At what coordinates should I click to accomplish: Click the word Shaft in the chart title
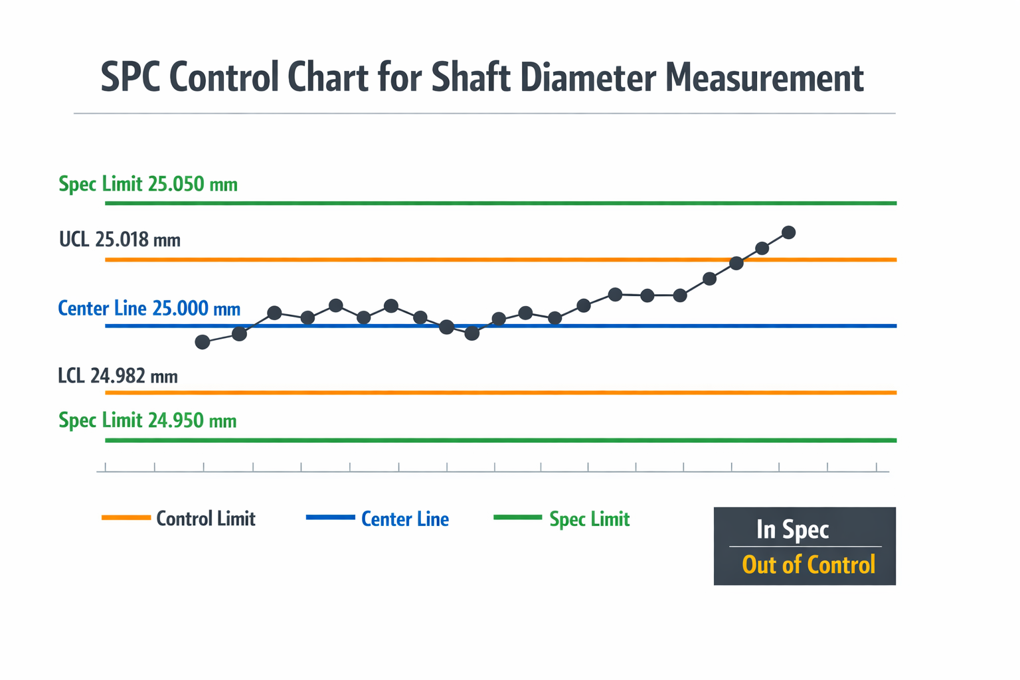pos(471,78)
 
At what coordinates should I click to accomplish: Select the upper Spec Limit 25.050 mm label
pos(148,185)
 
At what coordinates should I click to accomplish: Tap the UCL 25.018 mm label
pos(120,240)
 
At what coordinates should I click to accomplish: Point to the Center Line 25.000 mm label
pos(149,309)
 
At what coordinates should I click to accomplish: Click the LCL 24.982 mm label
pos(118,377)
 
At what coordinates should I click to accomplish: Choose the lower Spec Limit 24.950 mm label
pos(147,420)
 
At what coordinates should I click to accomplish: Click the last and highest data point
pos(788,232)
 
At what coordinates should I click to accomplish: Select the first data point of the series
pos(202,342)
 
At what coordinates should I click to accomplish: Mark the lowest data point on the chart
pos(202,342)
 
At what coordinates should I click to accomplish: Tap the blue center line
pos(501,326)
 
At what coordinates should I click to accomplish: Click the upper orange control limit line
pos(501,260)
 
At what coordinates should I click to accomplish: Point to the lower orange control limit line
pos(501,392)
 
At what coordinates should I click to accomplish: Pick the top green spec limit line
pos(501,203)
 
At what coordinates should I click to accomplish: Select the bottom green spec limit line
pos(501,440)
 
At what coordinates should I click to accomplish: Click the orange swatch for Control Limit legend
pos(126,517)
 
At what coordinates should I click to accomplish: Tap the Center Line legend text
pos(405,519)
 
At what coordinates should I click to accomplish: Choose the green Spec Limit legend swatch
pos(518,517)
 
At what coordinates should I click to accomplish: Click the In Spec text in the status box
pos(793,530)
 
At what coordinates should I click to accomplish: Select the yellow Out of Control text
pos(809,564)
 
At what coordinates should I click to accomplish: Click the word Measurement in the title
pos(764,78)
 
